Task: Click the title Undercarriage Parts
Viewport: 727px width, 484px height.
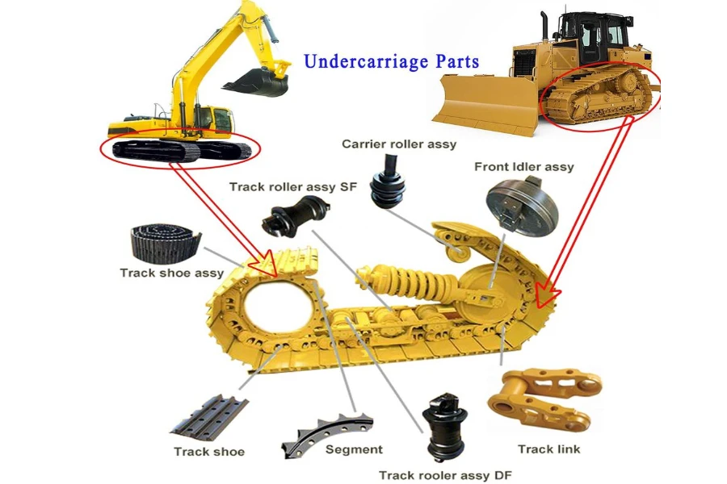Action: pos(392,61)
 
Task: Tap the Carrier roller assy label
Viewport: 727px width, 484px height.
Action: pos(399,144)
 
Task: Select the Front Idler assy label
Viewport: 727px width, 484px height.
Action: pos(523,167)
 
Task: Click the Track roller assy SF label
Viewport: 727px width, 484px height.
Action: pos(293,187)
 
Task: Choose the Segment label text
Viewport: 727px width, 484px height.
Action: pos(353,449)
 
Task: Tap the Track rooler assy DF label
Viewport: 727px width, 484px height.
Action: pos(445,474)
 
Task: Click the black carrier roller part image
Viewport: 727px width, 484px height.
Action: pos(387,185)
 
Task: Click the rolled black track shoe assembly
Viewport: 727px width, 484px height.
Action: pos(164,243)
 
